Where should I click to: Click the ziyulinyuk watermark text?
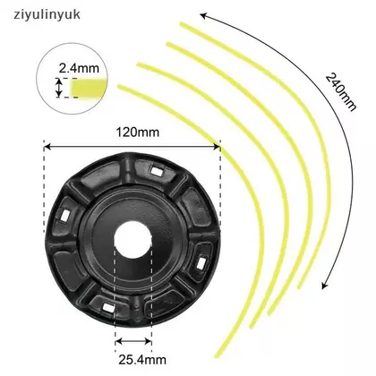[x=47, y=14]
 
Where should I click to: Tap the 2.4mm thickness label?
[x=79, y=68]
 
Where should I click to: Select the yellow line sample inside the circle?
[x=89, y=88]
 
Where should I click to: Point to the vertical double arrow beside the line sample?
[x=59, y=88]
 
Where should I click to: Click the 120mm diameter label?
[x=138, y=132]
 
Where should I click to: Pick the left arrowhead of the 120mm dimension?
[x=47, y=147]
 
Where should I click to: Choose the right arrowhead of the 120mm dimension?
[x=217, y=147]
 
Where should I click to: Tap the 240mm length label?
[x=341, y=92]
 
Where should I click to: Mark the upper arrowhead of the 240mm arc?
[x=203, y=15]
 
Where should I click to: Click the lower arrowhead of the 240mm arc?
[x=324, y=286]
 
